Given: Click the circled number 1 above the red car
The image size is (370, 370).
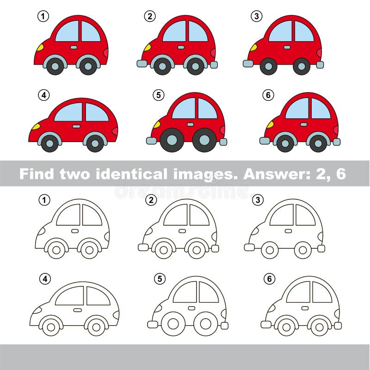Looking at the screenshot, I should pos(43,17).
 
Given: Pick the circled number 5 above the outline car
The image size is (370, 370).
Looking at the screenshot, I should pos(159,279).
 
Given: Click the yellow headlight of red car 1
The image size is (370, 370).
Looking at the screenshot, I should pos(40,47).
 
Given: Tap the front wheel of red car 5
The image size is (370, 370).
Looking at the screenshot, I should pos(172,140).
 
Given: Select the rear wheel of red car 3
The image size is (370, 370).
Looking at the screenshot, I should pos(302,66).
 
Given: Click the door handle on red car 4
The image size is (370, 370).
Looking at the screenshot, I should pos(76,126).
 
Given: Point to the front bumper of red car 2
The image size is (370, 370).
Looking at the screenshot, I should pos(142,63).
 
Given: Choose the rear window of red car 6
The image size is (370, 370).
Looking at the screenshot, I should pos(320,109).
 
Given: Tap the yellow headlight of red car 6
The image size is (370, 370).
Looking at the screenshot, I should pos(270,124).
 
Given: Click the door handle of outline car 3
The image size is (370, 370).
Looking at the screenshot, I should pos(288,231).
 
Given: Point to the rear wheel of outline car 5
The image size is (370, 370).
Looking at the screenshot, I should pos(205,323).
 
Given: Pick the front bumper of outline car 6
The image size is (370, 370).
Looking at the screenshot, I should pos(265,324).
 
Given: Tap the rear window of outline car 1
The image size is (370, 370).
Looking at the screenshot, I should pos(92,216).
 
